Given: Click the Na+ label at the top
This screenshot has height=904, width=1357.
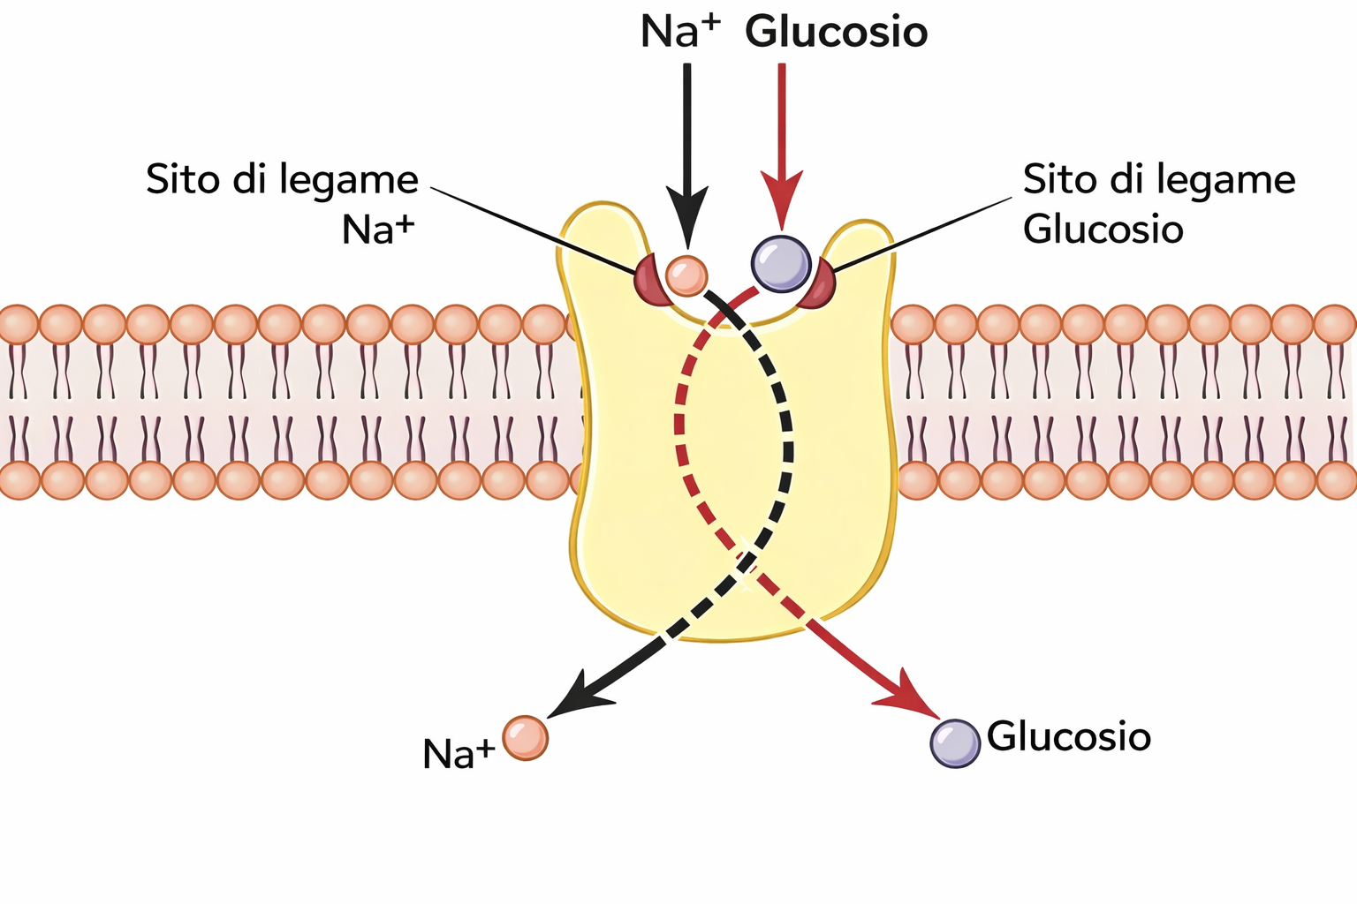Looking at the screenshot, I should point(678,32).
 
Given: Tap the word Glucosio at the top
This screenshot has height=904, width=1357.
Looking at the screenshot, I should point(836,32).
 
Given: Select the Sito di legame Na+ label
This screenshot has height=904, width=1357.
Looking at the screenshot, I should point(283,203).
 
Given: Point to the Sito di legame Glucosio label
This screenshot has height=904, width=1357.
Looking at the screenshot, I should point(1157,203).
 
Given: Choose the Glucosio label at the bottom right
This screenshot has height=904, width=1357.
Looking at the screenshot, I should point(1069,736).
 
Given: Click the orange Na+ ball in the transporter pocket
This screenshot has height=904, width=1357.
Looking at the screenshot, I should point(686,275).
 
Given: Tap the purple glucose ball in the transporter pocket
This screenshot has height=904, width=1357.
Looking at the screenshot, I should point(780,262).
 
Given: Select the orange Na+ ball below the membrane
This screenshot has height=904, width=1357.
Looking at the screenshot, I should point(526,738).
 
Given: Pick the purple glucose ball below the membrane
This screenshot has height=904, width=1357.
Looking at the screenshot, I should point(955,743).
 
